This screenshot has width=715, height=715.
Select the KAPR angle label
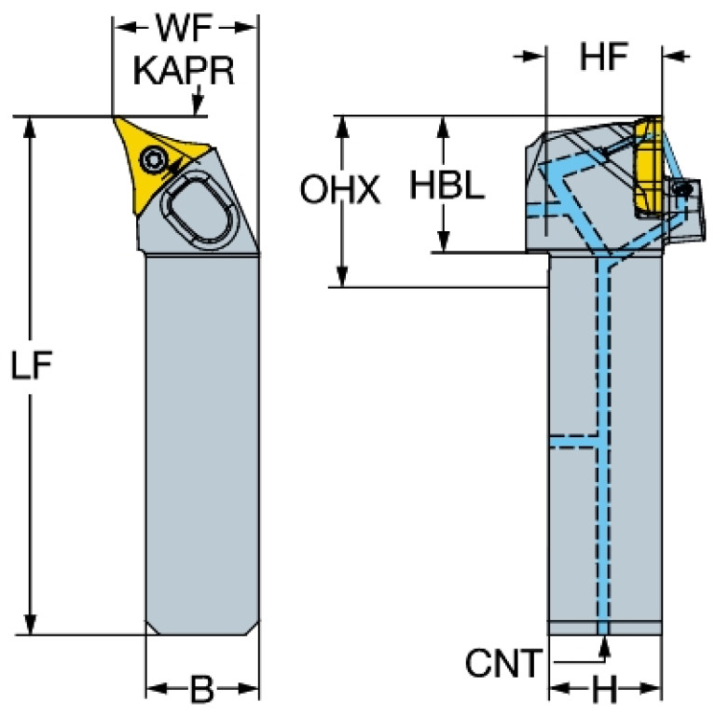pyautogui.click(x=184, y=72)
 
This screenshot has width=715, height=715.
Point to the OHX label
pyautogui.click(x=340, y=191)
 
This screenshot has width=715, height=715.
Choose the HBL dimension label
pyautogui.click(x=447, y=186)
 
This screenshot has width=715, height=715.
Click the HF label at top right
pyautogui.click(x=603, y=57)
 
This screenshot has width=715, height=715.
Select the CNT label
pyautogui.click(x=504, y=664)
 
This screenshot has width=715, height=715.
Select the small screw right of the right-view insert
pyautogui.click(x=688, y=189)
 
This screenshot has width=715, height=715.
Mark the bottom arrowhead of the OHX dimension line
pyautogui.click(x=343, y=277)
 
